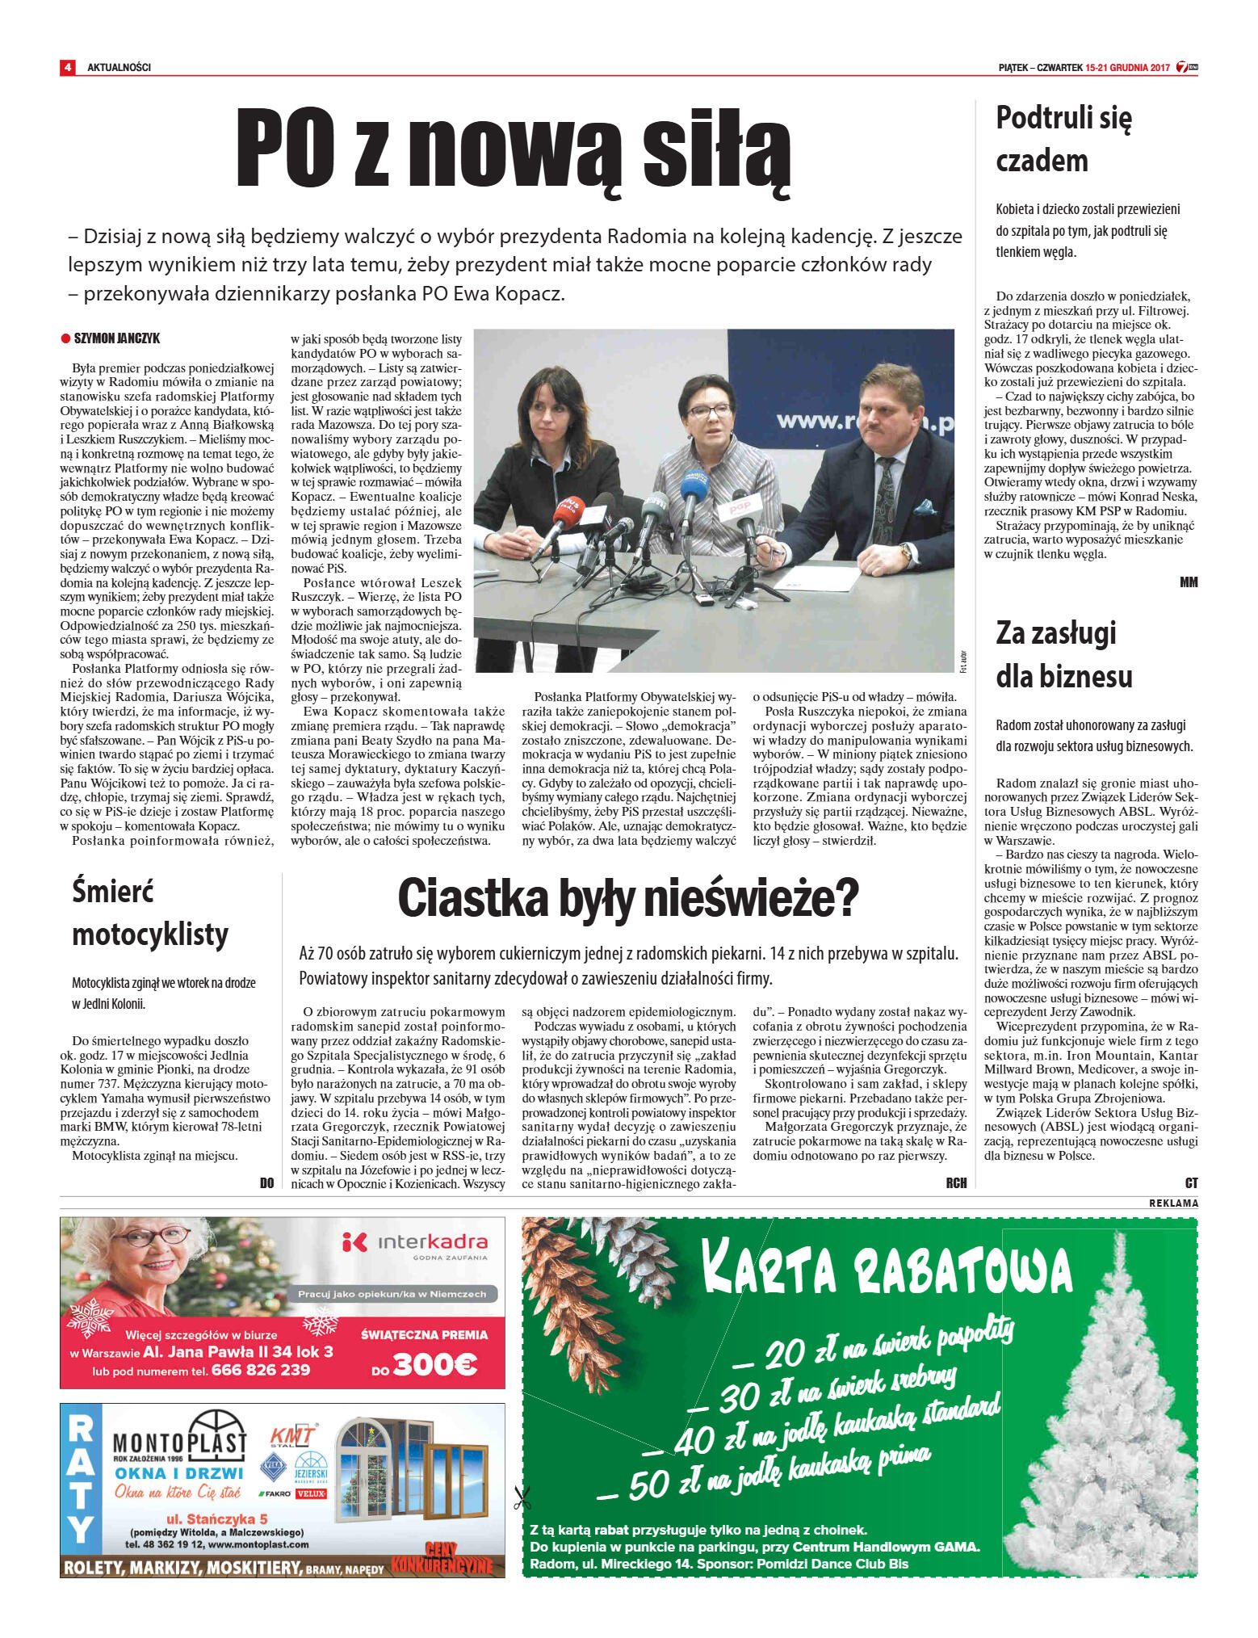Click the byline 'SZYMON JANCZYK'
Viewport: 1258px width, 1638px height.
[116, 338]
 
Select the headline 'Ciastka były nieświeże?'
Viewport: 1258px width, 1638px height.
[627, 899]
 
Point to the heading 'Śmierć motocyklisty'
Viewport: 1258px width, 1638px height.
[150, 913]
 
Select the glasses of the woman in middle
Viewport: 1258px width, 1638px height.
[709, 411]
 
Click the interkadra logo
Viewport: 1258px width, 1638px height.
[414, 1243]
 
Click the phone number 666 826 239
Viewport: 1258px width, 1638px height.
[260, 1370]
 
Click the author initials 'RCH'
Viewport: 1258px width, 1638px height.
[956, 1182]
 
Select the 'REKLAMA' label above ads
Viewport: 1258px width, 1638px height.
[1173, 1203]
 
